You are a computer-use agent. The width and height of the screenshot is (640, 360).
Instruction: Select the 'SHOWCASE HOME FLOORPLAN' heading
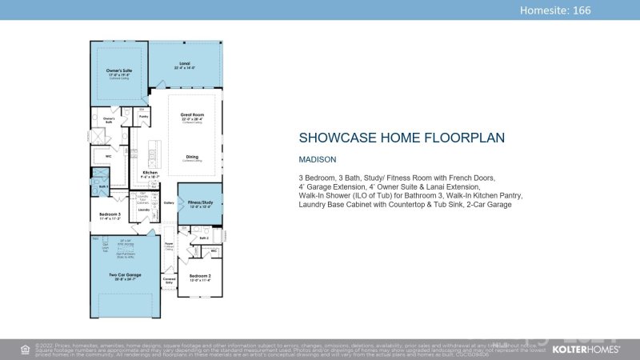[x=402, y=138]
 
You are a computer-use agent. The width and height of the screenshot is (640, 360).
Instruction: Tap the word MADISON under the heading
[x=318, y=159]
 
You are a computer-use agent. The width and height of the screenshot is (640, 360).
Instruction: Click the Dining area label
[x=191, y=157]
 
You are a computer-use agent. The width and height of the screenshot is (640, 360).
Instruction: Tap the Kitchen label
[x=150, y=173]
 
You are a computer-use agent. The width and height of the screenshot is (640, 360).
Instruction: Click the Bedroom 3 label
[x=109, y=215]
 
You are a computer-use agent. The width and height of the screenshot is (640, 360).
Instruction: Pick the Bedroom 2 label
[x=200, y=276]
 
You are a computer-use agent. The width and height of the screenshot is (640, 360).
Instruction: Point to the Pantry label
[x=144, y=117]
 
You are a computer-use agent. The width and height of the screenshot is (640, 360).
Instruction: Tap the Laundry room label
[x=145, y=210]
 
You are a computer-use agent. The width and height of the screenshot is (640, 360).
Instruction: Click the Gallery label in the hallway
[x=169, y=203]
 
